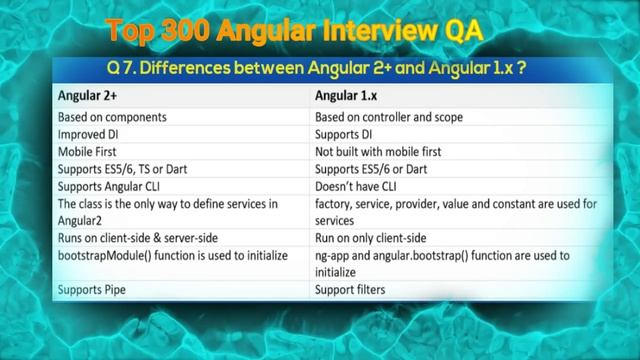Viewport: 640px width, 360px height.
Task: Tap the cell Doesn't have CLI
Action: tap(357, 187)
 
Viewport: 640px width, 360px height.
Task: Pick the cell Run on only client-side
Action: tap(371, 238)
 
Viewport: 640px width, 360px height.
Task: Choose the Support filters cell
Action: tap(350, 290)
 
